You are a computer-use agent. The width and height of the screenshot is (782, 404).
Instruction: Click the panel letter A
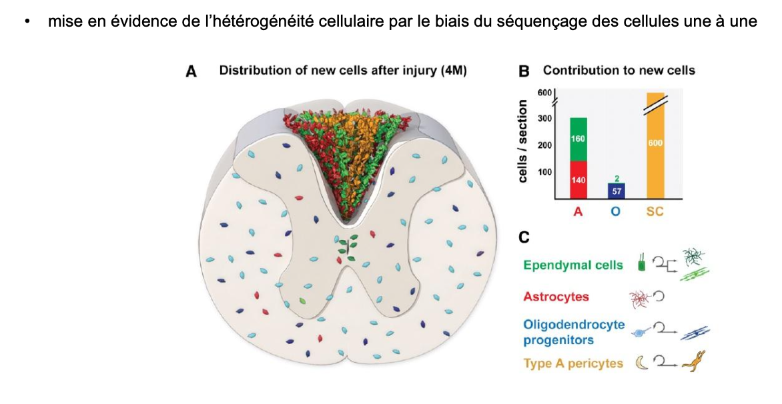click(x=191, y=71)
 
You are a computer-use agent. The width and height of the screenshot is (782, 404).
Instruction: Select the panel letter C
click(x=524, y=236)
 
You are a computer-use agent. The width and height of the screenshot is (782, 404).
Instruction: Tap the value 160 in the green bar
click(x=578, y=139)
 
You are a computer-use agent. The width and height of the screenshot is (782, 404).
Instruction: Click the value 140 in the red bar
click(x=578, y=180)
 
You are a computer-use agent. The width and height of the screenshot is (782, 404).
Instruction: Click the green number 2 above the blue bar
click(x=616, y=177)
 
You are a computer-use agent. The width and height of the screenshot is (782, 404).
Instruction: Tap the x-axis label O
click(x=616, y=212)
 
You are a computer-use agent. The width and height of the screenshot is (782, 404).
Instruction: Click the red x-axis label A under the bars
click(x=578, y=212)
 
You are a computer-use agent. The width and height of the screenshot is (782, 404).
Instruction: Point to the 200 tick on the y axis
click(x=544, y=145)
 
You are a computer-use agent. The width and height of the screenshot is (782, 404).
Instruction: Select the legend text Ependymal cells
click(x=573, y=265)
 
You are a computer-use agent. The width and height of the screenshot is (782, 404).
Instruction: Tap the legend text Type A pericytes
click(x=573, y=363)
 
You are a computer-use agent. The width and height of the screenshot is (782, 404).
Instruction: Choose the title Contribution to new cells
click(x=619, y=71)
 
